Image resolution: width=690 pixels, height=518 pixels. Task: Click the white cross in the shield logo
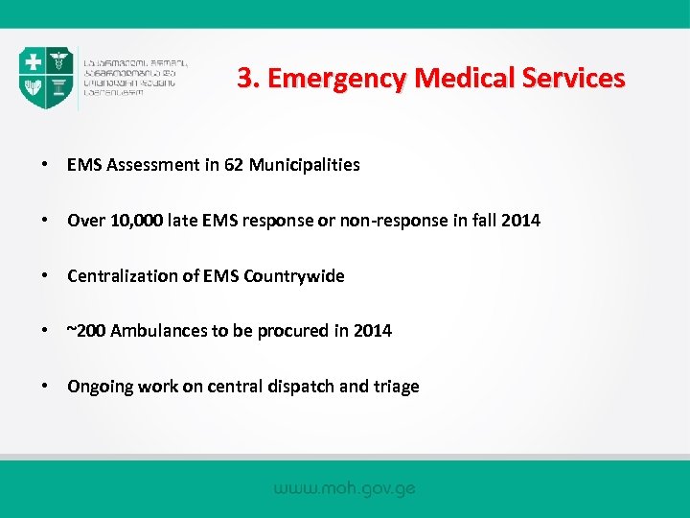coord(34,62)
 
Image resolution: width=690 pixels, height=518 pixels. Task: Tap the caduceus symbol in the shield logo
coord(58,62)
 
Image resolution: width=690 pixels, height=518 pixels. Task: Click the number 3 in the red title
coord(245,78)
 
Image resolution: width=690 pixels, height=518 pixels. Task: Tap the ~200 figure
coord(86,331)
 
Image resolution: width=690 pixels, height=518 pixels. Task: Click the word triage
coord(396,387)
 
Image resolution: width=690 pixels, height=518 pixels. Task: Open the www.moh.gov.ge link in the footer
coord(344,488)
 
